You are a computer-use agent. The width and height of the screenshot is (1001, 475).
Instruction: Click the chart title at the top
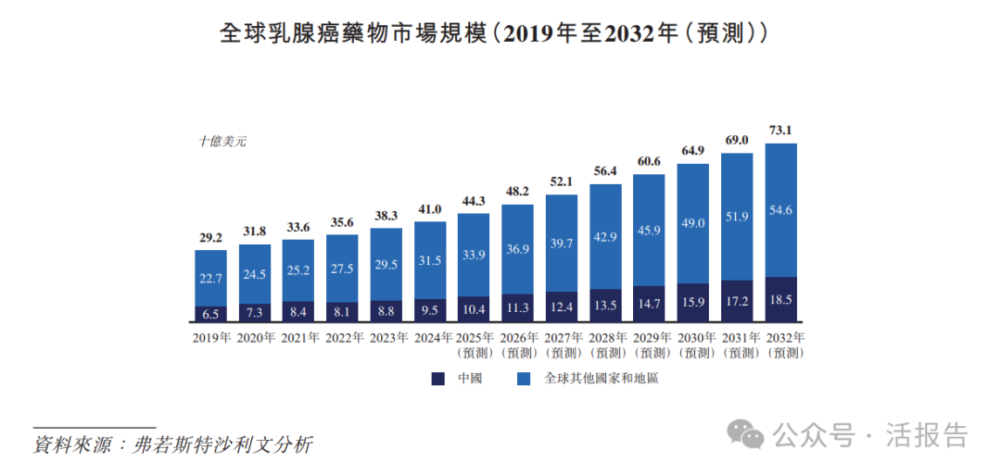(x=492, y=33)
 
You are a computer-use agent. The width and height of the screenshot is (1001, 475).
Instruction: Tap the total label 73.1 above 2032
(x=781, y=130)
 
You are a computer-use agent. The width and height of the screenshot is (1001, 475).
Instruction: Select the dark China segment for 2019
(x=210, y=314)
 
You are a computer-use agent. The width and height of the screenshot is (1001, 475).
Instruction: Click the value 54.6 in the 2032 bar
(x=781, y=210)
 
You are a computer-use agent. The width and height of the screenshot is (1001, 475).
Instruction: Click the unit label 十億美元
(x=222, y=142)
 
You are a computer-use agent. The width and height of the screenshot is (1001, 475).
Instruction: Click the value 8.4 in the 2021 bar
(x=298, y=311)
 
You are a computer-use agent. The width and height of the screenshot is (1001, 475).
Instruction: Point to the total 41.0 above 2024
(x=430, y=210)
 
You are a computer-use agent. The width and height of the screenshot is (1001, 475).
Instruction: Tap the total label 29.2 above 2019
(x=210, y=238)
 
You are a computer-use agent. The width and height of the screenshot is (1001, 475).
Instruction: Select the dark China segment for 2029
(x=650, y=304)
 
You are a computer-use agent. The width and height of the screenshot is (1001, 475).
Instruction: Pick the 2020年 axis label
(x=254, y=338)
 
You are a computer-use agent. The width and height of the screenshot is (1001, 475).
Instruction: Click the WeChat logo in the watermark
(x=746, y=432)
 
